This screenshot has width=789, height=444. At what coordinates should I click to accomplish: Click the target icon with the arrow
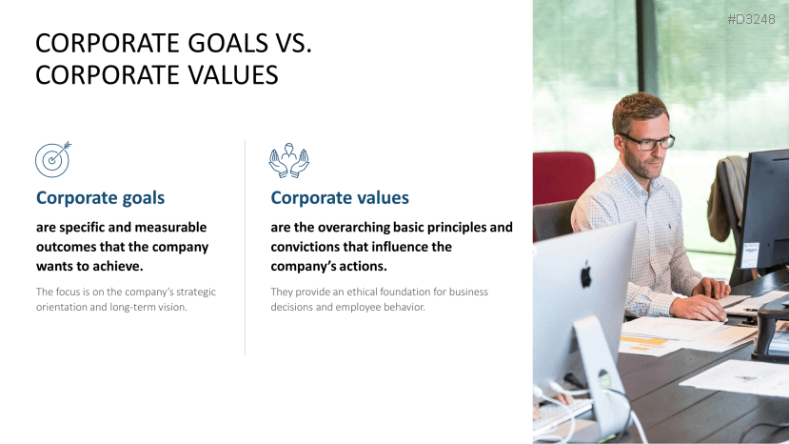point(53,159)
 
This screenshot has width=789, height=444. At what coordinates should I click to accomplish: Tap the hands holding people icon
point(288,160)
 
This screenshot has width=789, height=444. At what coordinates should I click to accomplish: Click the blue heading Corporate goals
point(100,198)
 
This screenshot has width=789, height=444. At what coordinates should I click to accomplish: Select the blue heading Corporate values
point(340,198)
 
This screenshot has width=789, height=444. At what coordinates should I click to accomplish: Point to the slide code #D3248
point(751,18)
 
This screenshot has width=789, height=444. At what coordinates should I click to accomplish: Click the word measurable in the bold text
point(172,228)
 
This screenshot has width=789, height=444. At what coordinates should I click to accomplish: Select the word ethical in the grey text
point(367,292)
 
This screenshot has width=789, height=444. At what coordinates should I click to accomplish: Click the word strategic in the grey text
point(191,292)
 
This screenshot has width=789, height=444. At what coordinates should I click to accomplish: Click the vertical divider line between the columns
point(246,248)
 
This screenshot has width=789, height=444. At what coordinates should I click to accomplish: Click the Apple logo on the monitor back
point(586,275)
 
